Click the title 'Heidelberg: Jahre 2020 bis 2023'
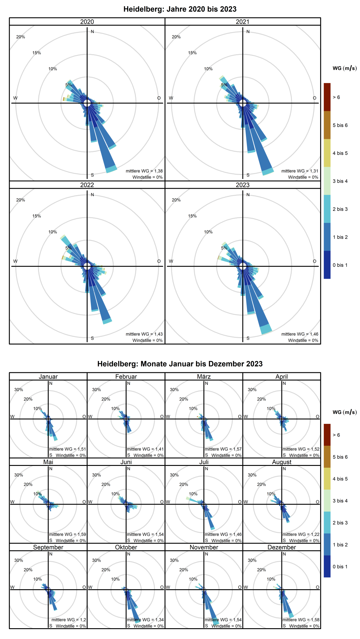click(180, 9)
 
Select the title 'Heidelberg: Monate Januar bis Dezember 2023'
click(180, 364)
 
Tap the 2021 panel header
click(243, 22)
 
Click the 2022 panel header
click(87, 185)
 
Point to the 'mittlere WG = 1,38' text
click(144, 171)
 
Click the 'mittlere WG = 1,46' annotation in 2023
click(300, 334)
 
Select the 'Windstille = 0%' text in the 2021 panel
click(303, 177)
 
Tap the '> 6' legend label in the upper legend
click(336, 97)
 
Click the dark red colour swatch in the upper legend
click(327, 97)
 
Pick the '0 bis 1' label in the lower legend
click(340, 566)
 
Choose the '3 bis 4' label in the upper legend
click(340, 181)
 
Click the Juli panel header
click(204, 462)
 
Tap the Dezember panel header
click(282, 547)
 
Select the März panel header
click(204, 376)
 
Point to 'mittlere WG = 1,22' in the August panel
click(301, 534)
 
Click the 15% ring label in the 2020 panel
click(37, 53)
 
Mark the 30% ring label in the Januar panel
click(19, 390)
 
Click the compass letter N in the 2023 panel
click(248, 195)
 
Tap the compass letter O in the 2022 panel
click(159, 261)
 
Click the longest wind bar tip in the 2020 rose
click(112, 169)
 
